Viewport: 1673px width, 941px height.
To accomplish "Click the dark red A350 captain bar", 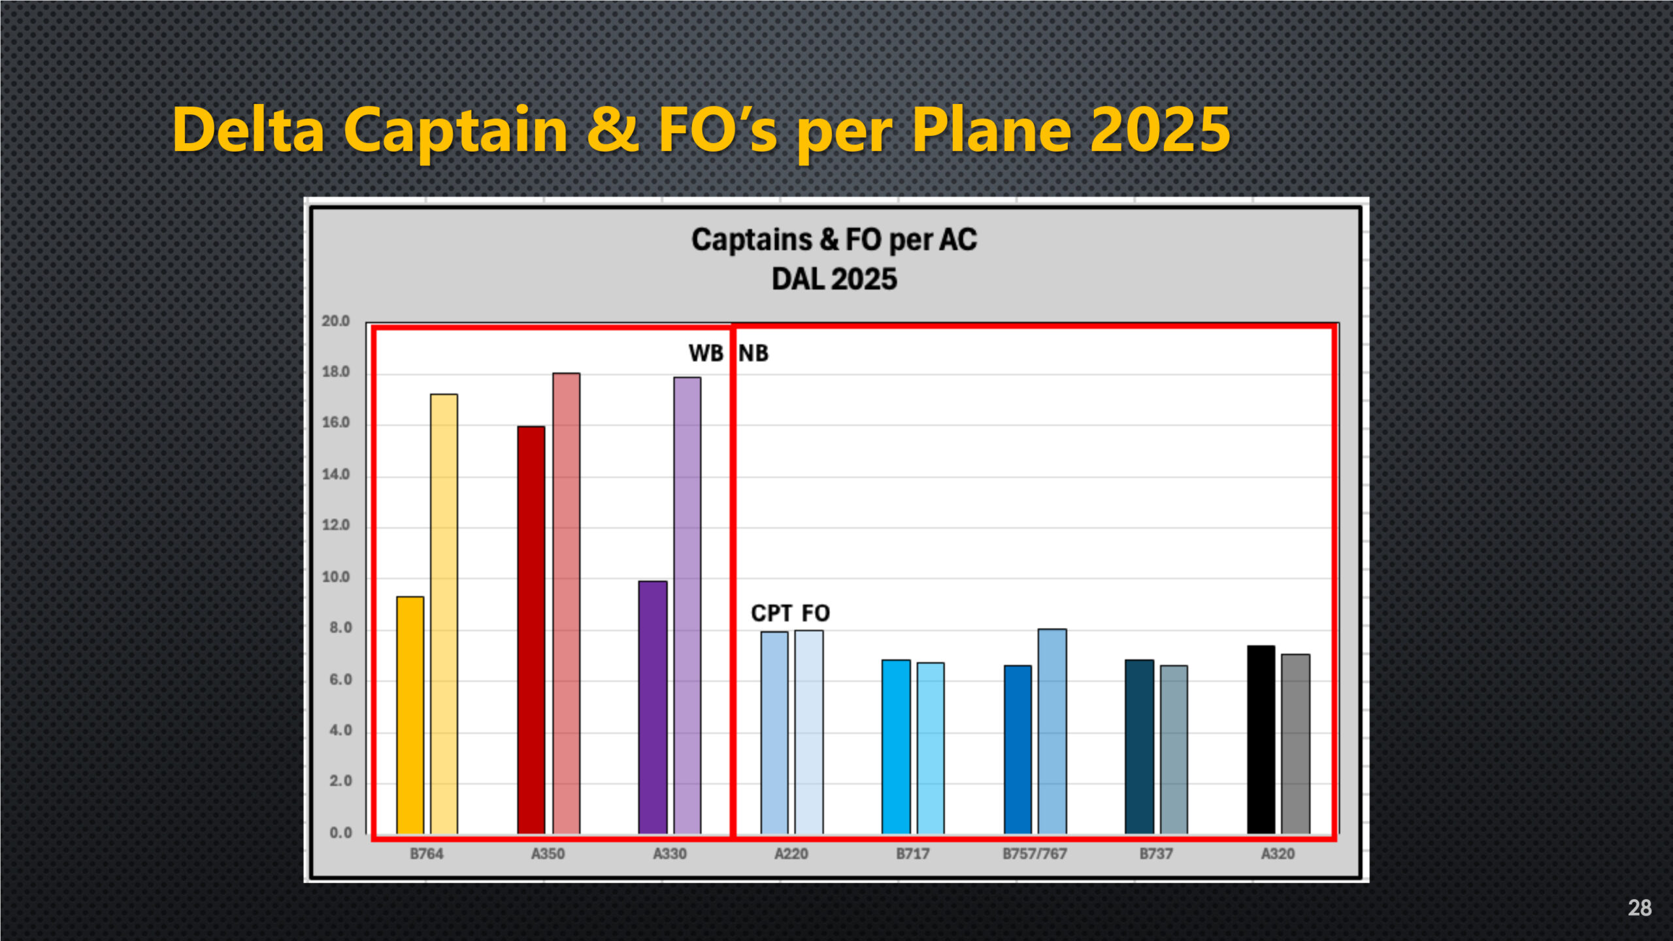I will click(x=531, y=630).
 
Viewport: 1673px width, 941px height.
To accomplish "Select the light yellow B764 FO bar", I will click(x=444, y=614).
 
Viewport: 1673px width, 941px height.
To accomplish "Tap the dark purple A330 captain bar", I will click(x=652, y=707).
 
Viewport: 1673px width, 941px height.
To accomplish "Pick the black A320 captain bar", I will click(x=1261, y=739).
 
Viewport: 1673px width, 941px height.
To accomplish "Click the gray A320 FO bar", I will click(x=1295, y=744).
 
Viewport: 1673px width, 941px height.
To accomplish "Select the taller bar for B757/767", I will click(x=1052, y=731).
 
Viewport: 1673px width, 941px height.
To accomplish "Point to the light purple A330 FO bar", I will click(x=687, y=605).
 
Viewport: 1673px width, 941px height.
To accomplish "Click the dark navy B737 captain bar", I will click(x=1139, y=746).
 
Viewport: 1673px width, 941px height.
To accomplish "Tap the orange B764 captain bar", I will click(x=410, y=715).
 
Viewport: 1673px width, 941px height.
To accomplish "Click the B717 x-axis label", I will click(x=912, y=854).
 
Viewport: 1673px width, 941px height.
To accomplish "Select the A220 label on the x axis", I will click(x=791, y=854).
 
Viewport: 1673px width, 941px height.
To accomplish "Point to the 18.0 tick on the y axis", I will click(x=336, y=372).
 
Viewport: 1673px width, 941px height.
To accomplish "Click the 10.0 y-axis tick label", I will click(x=336, y=577).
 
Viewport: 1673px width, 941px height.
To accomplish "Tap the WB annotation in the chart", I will click(x=706, y=354).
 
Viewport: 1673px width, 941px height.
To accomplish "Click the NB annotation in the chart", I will click(x=754, y=354).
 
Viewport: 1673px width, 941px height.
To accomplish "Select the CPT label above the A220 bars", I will click(x=771, y=614).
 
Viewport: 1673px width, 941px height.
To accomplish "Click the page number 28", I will click(x=1639, y=908).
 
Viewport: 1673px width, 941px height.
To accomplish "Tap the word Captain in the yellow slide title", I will click(x=456, y=131).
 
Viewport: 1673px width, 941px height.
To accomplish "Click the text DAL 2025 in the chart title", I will click(x=834, y=280).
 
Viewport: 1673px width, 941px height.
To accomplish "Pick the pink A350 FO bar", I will click(x=566, y=603).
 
